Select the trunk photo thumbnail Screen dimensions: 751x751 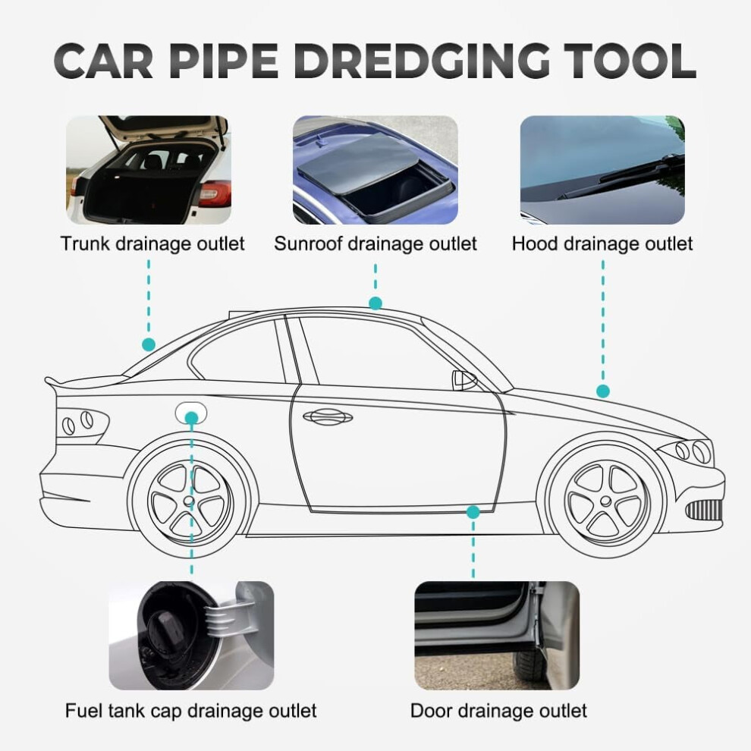click(149, 170)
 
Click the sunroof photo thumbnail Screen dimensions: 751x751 click(375, 170)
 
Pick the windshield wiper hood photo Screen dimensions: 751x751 click(602, 170)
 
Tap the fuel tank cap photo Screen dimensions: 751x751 click(191, 636)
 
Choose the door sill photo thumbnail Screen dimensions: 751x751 click(497, 636)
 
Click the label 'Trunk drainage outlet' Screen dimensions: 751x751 click(152, 244)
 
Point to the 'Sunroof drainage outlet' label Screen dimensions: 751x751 click(375, 244)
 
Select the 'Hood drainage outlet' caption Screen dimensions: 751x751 click(602, 244)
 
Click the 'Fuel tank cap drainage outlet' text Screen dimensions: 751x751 click(190, 711)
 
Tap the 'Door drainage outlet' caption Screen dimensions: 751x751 click(498, 711)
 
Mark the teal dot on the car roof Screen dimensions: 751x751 click(375, 303)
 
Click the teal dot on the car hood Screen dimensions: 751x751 click(603, 391)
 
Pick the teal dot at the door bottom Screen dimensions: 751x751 click(473, 512)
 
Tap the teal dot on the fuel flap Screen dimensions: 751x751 click(191, 418)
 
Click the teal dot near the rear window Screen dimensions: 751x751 click(149, 344)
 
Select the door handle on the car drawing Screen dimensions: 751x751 click(328, 416)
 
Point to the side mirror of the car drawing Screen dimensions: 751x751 click(463, 380)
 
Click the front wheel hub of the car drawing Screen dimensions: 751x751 click(605, 501)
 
